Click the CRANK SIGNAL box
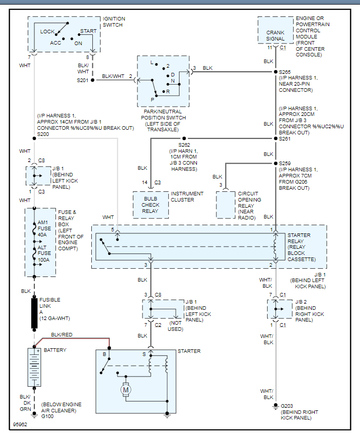pyautogui.click(x=275, y=35)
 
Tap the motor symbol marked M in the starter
pyautogui.click(x=125, y=391)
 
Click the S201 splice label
pyautogui.click(x=83, y=81)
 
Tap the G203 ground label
pyautogui.click(x=288, y=406)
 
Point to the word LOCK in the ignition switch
pyautogui.click(x=48, y=31)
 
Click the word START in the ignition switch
pyautogui.click(x=88, y=31)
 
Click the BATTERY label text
pyautogui.click(x=55, y=350)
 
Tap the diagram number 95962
pyautogui.click(x=21, y=425)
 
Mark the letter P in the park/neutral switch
pyautogui.click(x=152, y=100)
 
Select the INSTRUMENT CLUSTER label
pyautogui.click(x=187, y=197)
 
